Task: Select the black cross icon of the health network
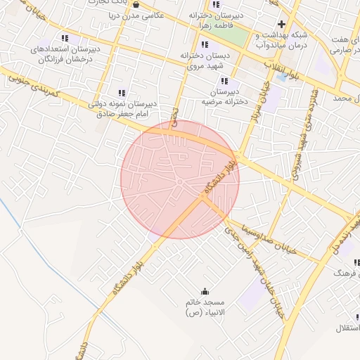click(281, 24)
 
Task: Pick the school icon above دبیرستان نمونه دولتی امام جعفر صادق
click(122, 92)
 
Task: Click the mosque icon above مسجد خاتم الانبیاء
click(205, 291)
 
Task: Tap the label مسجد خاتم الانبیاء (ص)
click(204, 307)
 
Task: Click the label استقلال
click(347, 328)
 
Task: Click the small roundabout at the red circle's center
click(180, 182)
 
